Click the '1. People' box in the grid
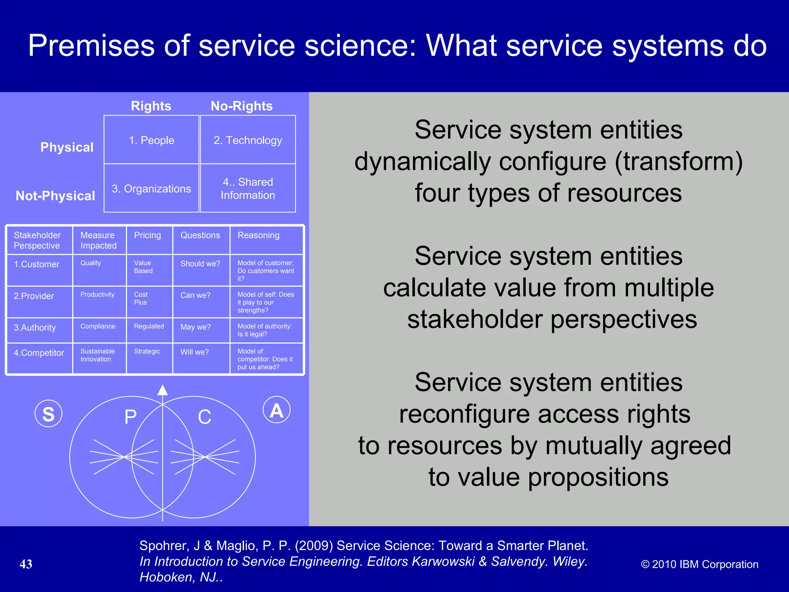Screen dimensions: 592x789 (x=151, y=140)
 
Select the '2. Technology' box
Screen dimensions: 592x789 (x=248, y=140)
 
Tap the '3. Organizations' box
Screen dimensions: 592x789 (x=151, y=188)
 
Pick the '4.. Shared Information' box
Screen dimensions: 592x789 (x=248, y=188)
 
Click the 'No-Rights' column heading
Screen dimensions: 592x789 (x=242, y=106)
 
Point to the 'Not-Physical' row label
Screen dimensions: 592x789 (x=55, y=196)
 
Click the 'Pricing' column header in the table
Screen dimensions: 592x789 (x=148, y=235)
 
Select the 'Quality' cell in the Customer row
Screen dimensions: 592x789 (x=91, y=263)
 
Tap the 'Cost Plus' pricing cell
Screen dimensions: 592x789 (x=141, y=298)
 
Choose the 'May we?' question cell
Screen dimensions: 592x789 (x=196, y=327)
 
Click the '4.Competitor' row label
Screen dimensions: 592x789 (x=39, y=353)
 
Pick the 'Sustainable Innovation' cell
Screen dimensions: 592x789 (x=97, y=355)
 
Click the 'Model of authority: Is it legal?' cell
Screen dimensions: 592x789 (x=265, y=330)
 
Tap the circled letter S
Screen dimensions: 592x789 (x=49, y=414)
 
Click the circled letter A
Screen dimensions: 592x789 (x=277, y=410)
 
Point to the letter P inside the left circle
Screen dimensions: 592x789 (x=131, y=417)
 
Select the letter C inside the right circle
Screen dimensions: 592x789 (x=205, y=417)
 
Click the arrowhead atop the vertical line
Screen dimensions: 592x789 (x=163, y=390)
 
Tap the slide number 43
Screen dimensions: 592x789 (x=26, y=564)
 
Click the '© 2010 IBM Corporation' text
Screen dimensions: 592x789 (x=700, y=564)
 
